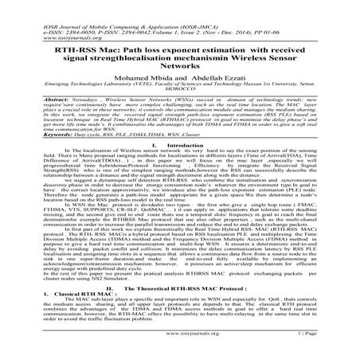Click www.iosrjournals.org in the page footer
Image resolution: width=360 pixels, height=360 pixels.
(179, 348)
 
